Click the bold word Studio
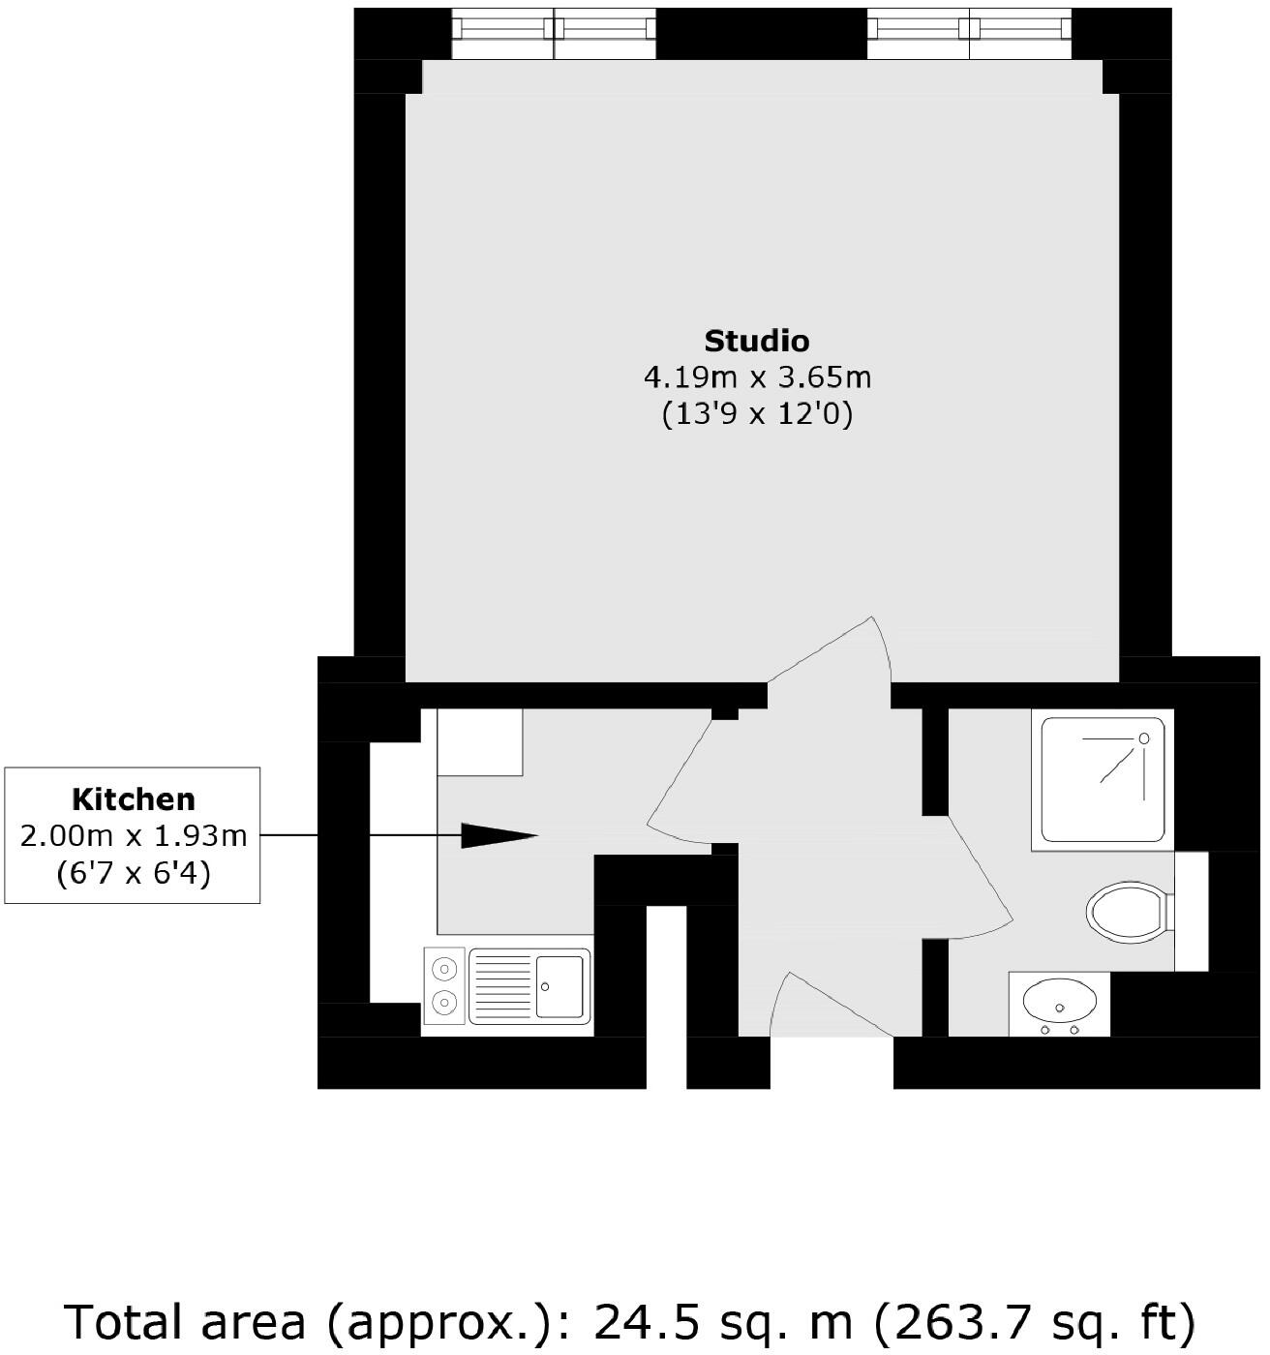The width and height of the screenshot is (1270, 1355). (756, 341)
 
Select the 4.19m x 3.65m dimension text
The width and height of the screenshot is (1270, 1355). (757, 376)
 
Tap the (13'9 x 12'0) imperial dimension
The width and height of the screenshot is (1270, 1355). (757, 414)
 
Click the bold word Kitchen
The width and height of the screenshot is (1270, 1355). (134, 799)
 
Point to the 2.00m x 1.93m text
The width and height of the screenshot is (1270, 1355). (134, 835)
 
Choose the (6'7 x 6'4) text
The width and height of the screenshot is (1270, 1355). (134, 873)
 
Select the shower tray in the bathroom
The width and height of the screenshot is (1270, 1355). (1102, 780)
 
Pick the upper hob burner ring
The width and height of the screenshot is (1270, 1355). (445, 967)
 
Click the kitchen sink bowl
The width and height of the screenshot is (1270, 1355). (560, 986)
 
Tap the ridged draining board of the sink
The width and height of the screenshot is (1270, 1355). (502, 986)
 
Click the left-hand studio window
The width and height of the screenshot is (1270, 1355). (555, 28)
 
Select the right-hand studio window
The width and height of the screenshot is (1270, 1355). (969, 28)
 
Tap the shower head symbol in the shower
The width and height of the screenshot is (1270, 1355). (1143, 738)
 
